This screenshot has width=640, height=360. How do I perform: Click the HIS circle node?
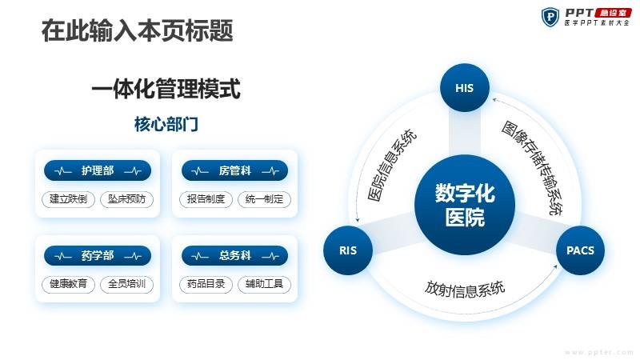coord(465,87)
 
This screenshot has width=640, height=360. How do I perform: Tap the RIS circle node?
coord(348,250)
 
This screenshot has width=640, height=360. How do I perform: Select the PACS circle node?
coord(580,250)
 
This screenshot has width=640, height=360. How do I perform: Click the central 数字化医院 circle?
coord(465,205)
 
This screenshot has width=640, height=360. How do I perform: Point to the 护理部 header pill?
coord(98,170)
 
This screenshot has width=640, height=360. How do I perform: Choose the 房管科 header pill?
coord(234,170)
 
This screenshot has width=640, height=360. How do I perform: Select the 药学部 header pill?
coord(98,256)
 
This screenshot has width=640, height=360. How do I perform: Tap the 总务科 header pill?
coord(234,256)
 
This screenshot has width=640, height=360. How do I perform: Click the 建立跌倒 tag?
coord(68,199)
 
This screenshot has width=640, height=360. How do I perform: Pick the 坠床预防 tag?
coord(126,199)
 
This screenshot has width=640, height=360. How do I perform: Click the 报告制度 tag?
coord(206,199)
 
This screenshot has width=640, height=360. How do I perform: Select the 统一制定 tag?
coord(264,199)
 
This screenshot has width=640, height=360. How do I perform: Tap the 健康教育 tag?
coord(68,284)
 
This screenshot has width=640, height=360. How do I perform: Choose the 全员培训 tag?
coord(126,284)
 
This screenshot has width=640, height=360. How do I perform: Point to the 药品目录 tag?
coord(206,284)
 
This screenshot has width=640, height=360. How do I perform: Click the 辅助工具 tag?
coord(264,284)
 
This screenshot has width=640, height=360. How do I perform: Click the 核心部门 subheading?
coord(166,124)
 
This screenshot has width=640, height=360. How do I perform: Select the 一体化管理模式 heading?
coord(166,89)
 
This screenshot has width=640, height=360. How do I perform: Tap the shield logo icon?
coord(550,17)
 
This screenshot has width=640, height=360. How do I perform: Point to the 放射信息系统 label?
coord(465,289)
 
